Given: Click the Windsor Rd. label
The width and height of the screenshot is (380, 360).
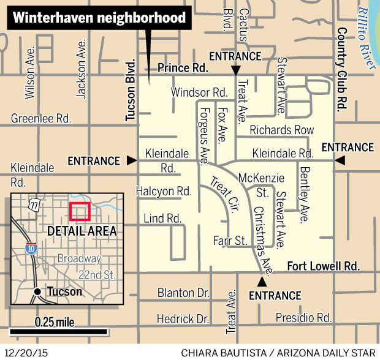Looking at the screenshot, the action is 199,92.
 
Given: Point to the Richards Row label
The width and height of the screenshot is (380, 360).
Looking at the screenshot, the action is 281,130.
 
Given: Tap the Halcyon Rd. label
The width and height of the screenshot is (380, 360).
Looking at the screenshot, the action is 164,192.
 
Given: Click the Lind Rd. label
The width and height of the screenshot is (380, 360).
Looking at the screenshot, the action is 162,219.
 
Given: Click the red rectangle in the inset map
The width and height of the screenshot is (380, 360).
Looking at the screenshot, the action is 80,211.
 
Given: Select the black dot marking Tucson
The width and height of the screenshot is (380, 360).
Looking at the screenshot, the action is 39,291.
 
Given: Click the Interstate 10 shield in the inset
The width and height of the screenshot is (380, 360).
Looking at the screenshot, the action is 31,248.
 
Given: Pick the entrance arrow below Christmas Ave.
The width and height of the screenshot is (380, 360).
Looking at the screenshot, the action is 262,282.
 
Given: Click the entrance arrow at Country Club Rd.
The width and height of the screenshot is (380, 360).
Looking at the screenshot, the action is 340,160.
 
